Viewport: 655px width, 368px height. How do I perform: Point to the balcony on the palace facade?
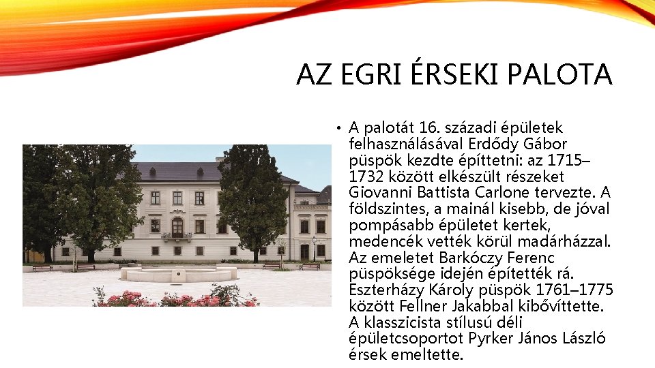point(177,236)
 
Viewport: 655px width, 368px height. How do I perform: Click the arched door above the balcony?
point(177,226)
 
